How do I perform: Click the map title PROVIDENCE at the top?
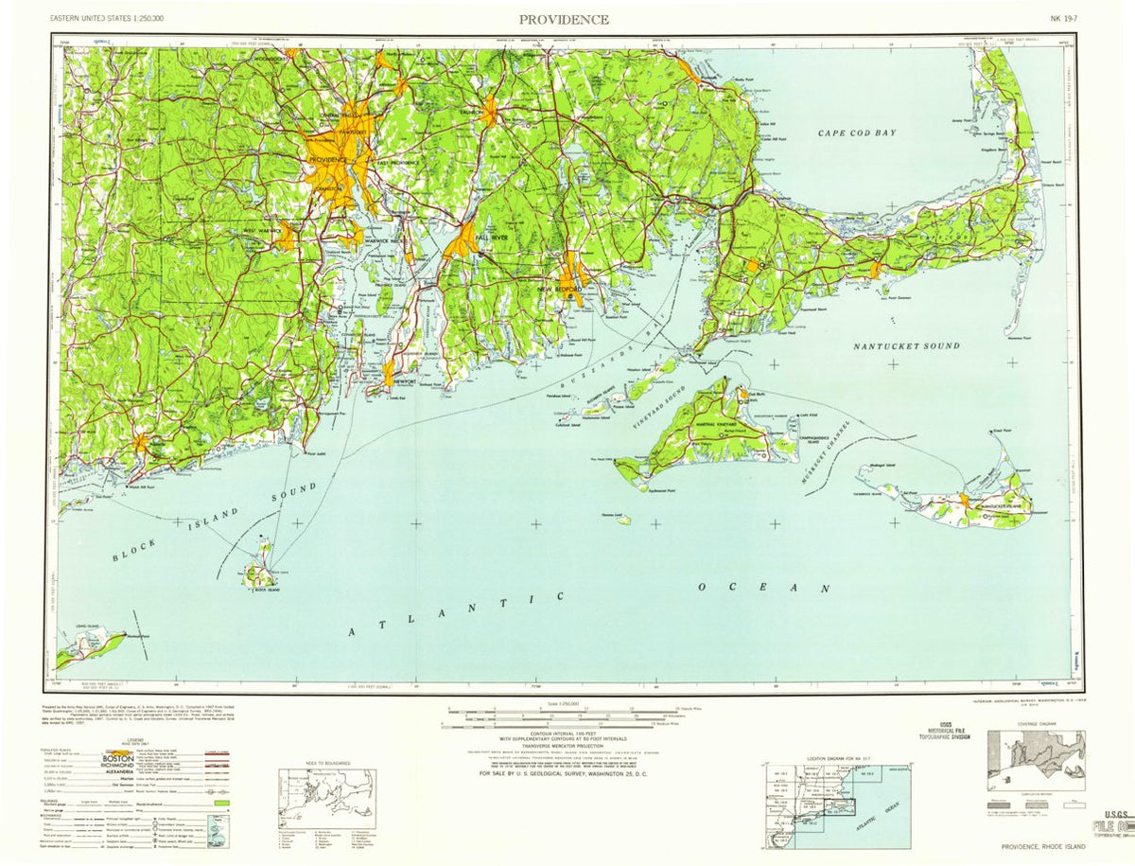click(563, 19)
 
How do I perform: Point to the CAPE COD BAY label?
click(857, 133)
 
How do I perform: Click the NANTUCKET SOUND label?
click(906, 346)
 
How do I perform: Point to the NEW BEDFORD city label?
click(557, 289)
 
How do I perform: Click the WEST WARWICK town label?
click(262, 231)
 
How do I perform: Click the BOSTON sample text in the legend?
click(117, 758)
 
